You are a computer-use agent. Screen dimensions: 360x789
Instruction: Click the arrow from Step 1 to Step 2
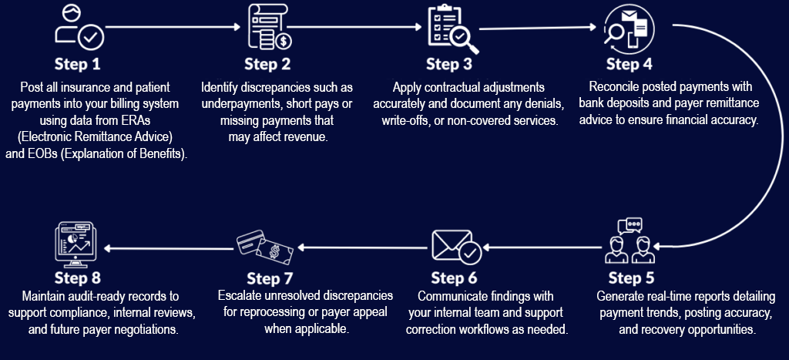coord(173,27)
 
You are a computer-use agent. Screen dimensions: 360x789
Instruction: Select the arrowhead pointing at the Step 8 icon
coord(108,248)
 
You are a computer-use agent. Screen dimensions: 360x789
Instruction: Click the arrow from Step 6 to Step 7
coord(362,248)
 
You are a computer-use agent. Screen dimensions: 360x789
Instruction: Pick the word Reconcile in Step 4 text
coord(613,87)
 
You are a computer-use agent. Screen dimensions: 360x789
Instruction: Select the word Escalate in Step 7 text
coord(241,296)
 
